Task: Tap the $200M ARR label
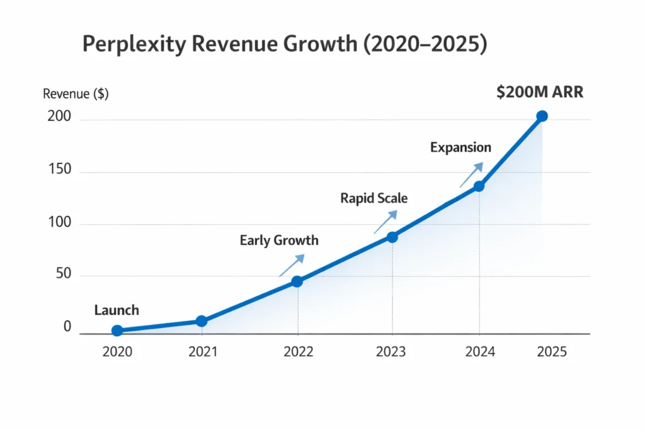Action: (x=540, y=92)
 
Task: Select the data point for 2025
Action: (x=542, y=116)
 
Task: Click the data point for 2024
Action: (x=479, y=186)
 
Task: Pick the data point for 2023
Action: (x=392, y=237)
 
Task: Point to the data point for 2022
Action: (x=297, y=281)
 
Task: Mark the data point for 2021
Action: (x=201, y=321)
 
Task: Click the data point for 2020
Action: (x=117, y=331)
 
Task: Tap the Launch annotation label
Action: (x=117, y=310)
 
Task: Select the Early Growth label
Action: (x=279, y=240)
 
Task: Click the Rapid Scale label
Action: (x=374, y=198)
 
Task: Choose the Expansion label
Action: (x=460, y=148)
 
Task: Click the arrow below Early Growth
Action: (x=292, y=266)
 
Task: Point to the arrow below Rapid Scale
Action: (x=385, y=222)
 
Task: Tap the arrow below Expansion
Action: (x=471, y=174)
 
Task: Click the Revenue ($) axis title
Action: (x=76, y=94)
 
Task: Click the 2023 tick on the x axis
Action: (x=392, y=352)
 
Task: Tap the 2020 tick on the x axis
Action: (x=117, y=352)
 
